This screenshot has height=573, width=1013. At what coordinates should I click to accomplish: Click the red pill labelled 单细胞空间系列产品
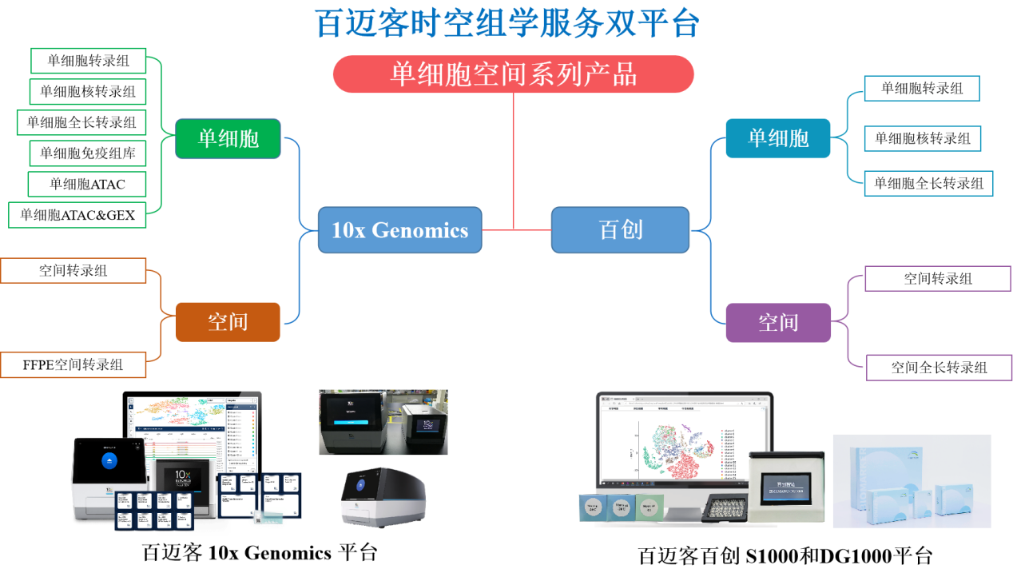(x=513, y=74)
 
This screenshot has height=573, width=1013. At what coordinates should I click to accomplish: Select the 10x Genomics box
(x=399, y=230)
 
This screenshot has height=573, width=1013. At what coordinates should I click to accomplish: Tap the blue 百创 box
(x=620, y=230)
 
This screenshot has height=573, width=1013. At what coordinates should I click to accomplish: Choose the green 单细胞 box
(x=228, y=138)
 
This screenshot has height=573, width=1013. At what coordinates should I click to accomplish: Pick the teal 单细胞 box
(x=778, y=138)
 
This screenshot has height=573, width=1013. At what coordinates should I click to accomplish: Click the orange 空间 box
(x=228, y=322)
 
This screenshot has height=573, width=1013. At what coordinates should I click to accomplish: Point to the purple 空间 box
(x=778, y=323)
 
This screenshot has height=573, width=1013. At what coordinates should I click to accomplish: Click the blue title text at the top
(x=507, y=23)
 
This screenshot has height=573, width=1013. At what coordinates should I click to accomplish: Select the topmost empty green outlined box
(x=89, y=61)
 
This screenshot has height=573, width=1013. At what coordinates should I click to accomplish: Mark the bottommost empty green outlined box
(x=77, y=215)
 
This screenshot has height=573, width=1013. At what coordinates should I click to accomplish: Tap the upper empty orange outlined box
(x=73, y=270)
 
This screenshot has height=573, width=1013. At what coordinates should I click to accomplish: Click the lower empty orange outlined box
(x=73, y=364)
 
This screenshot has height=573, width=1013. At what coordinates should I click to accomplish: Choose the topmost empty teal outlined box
(x=922, y=88)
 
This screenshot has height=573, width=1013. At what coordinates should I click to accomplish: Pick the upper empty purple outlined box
(x=938, y=278)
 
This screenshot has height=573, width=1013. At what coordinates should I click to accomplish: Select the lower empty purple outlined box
(x=939, y=368)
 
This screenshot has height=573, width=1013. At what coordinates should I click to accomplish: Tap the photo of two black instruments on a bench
(x=383, y=422)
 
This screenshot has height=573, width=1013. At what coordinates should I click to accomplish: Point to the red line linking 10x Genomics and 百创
(x=517, y=230)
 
